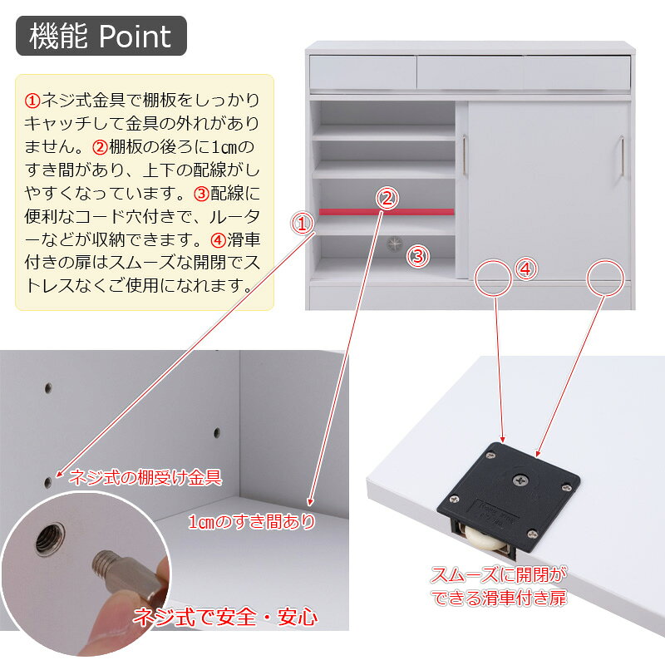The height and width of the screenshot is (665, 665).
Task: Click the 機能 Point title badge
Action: pos(101,36)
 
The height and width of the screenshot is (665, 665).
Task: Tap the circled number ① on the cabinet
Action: pos(302,224)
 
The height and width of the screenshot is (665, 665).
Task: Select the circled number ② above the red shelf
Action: pos(387,198)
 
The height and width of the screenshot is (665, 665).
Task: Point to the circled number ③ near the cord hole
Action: pos(418,256)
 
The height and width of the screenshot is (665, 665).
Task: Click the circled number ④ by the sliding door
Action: pos(525,268)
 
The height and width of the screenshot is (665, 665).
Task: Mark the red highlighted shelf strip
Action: pos(387,212)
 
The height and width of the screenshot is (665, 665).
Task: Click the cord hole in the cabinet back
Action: pos(394,244)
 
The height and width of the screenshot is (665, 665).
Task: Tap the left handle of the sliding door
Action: pos(465,155)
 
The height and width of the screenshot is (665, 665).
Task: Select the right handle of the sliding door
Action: pos(622,155)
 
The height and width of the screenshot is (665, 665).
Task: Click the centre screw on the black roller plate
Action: pos(520,480)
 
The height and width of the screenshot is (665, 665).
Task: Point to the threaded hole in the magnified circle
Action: pos(50,539)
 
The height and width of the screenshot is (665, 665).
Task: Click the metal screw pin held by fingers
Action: pos(126,574)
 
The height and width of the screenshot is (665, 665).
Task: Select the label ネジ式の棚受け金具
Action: pos(145,477)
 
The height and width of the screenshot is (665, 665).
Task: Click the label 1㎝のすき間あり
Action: pos(252,522)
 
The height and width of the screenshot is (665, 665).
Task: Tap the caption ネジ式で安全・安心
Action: pos(225,617)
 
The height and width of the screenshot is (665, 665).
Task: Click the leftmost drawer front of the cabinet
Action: pos(363,72)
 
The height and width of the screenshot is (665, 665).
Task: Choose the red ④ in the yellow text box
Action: pos(219,240)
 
